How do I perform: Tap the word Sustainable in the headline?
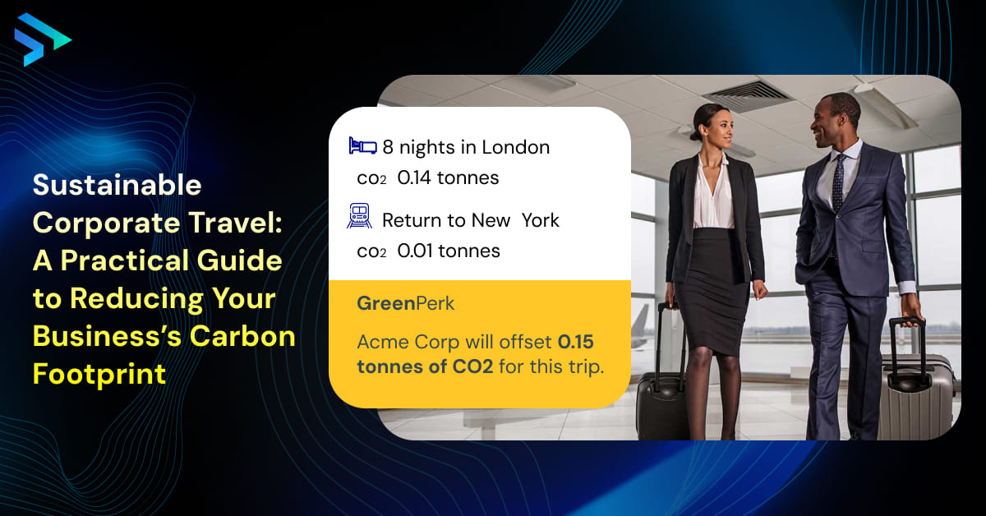click(x=117, y=185)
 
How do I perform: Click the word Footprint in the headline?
click(x=99, y=375)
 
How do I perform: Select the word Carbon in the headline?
click(x=242, y=336)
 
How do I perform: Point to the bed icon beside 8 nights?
click(x=362, y=145)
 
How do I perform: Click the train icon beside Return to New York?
click(x=359, y=216)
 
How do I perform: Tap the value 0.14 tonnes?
click(x=448, y=177)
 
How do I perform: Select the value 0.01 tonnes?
click(x=449, y=251)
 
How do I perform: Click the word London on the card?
click(x=515, y=147)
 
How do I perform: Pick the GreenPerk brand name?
click(x=405, y=303)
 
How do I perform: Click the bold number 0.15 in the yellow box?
click(x=576, y=342)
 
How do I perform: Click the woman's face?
click(x=720, y=128)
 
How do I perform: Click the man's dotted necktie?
click(x=837, y=185)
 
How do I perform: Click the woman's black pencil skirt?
click(x=710, y=291)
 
